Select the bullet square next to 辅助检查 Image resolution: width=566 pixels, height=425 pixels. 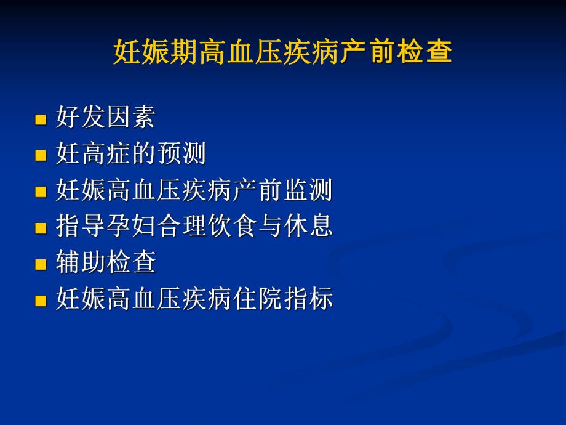(x=41, y=265)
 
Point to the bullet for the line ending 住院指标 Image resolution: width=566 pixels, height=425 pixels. (x=41, y=301)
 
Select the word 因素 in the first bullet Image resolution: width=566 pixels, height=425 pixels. (x=131, y=118)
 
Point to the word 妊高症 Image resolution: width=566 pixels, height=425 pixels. (x=94, y=154)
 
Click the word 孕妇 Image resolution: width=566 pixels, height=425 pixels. (x=131, y=227)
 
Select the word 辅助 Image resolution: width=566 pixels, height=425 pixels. (x=81, y=263)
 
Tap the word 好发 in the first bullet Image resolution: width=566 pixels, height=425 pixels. (x=81, y=118)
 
